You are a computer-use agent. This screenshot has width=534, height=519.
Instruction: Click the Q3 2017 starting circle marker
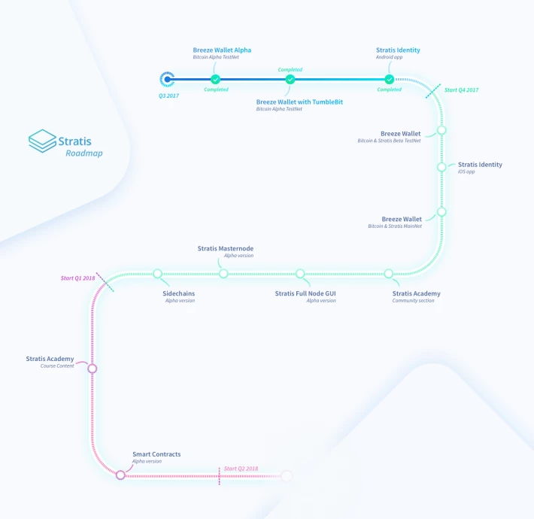167,79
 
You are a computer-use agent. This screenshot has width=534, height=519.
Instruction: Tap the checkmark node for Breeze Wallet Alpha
215,79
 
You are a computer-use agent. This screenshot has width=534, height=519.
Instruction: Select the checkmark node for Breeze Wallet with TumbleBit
290,79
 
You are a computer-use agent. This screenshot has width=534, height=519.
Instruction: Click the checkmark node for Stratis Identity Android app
390,79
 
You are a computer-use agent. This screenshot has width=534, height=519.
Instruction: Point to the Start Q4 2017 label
462,90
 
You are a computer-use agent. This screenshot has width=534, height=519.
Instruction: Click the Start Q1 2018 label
77,278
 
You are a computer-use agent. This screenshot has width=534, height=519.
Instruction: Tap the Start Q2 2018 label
241,469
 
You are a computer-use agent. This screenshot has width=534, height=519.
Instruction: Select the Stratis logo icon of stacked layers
42,141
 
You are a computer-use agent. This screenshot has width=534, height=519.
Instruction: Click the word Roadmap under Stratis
84,153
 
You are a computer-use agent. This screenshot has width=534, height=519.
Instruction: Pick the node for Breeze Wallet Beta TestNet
441,130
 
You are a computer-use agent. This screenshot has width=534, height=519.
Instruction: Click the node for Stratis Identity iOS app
441,167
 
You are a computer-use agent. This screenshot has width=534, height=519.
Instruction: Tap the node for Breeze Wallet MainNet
441,212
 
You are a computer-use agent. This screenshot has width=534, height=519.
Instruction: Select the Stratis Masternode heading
226,248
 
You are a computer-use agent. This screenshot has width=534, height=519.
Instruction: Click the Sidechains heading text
179,293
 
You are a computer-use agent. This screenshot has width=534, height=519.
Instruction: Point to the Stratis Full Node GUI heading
305,293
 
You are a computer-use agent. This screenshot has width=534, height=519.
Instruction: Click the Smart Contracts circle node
120,475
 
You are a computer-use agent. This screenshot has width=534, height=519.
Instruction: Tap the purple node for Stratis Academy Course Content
93,369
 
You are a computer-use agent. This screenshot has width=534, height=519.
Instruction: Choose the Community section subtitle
413,301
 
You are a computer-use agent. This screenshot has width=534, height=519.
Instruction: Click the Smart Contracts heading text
156,454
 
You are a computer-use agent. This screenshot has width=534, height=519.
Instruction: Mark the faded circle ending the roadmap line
287,475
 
